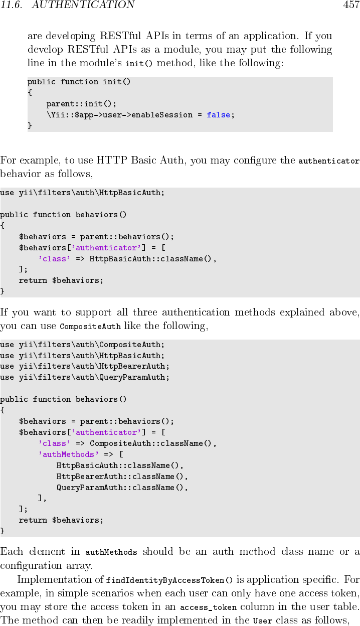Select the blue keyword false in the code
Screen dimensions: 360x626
[x=218, y=115]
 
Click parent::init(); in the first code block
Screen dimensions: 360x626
[x=81, y=104]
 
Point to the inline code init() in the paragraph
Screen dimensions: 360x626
[x=138, y=64]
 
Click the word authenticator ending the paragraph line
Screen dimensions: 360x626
[x=329, y=161]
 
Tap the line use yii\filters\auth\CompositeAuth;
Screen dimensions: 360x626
[x=82, y=345]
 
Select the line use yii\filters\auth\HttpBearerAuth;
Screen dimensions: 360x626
[x=85, y=366]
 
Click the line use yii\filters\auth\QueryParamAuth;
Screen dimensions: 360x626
[x=85, y=377]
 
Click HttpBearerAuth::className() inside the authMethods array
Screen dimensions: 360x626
[x=120, y=477]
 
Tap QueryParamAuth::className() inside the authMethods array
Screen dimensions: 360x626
[x=122, y=488]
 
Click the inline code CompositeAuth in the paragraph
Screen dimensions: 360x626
[x=90, y=327]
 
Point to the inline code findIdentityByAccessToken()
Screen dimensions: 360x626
[x=169, y=580]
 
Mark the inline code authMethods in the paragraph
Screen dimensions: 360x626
[x=111, y=552]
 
